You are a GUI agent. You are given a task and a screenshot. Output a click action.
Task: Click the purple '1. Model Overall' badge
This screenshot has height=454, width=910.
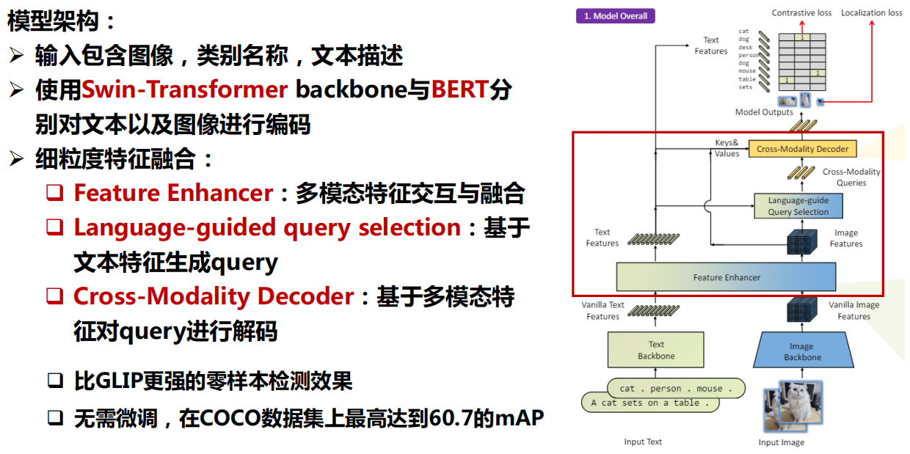[615, 15]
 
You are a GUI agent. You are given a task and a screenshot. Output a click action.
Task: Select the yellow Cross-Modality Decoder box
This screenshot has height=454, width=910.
[802, 149]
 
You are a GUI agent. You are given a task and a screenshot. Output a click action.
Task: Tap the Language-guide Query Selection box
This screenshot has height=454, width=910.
[798, 206]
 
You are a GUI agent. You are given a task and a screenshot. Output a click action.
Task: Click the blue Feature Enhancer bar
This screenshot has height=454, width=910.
[726, 277]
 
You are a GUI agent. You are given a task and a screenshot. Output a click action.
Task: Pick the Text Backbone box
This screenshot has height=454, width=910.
[655, 350]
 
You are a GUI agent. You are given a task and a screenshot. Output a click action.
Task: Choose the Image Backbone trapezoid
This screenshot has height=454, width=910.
[801, 351]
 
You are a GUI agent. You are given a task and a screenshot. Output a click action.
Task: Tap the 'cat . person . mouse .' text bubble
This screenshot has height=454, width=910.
[671, 388]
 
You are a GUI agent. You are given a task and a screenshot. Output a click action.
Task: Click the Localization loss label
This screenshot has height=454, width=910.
[871, 12]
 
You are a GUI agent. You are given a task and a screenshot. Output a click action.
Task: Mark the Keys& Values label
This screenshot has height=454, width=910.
[727, 148]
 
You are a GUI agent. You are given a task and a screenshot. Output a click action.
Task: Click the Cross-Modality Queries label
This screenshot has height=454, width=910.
[851, 177]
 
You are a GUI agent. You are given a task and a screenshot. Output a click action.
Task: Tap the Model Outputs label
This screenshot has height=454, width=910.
[764, 112]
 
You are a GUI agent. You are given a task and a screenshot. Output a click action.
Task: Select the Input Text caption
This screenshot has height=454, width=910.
[643, 442]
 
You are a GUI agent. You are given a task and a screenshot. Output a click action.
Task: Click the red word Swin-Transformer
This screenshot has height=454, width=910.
[184, 89]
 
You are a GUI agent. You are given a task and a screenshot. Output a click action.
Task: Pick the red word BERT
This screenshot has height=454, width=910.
[459, 89]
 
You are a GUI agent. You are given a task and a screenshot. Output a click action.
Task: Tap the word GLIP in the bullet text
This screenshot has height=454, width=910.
[120, 381]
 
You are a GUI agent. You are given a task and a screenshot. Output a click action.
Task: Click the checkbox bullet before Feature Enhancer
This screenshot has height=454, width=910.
[55, 194]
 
